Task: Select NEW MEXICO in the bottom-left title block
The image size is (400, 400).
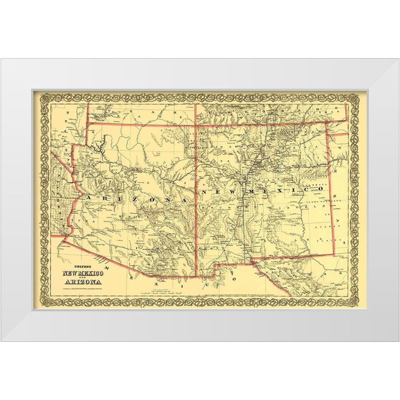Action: coord(83,273)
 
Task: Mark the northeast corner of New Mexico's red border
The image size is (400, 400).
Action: coord(326,122)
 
